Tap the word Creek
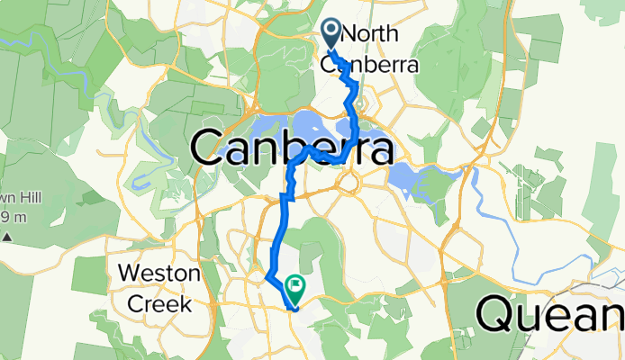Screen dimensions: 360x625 [x=159, y=303]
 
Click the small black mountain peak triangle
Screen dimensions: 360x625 [x=7, y=238]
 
